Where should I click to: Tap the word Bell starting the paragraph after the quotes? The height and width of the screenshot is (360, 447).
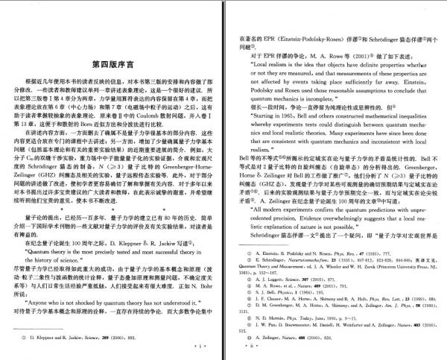coord(243,160)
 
